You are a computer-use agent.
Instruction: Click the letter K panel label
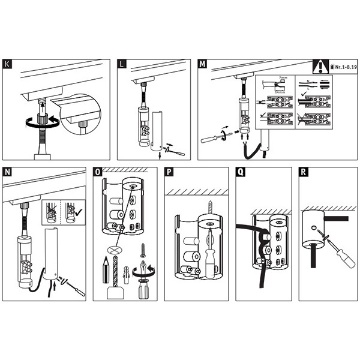[x=7, y=64]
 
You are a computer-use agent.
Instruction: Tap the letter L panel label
[x=122, y=64]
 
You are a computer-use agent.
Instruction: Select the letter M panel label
[x=203, y=64]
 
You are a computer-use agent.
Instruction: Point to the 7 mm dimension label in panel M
[x=283, y=79]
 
